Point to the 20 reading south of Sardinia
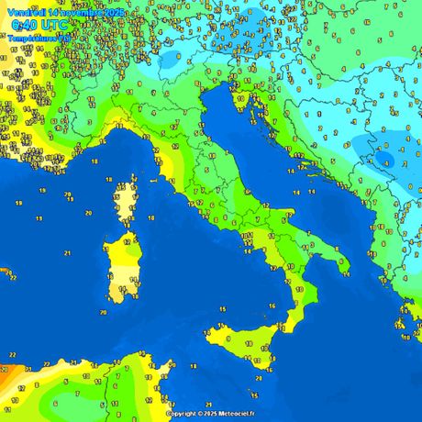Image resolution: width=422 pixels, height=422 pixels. [x=104, y=313]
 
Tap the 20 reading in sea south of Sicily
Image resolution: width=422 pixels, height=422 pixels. [x=258, y=377]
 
